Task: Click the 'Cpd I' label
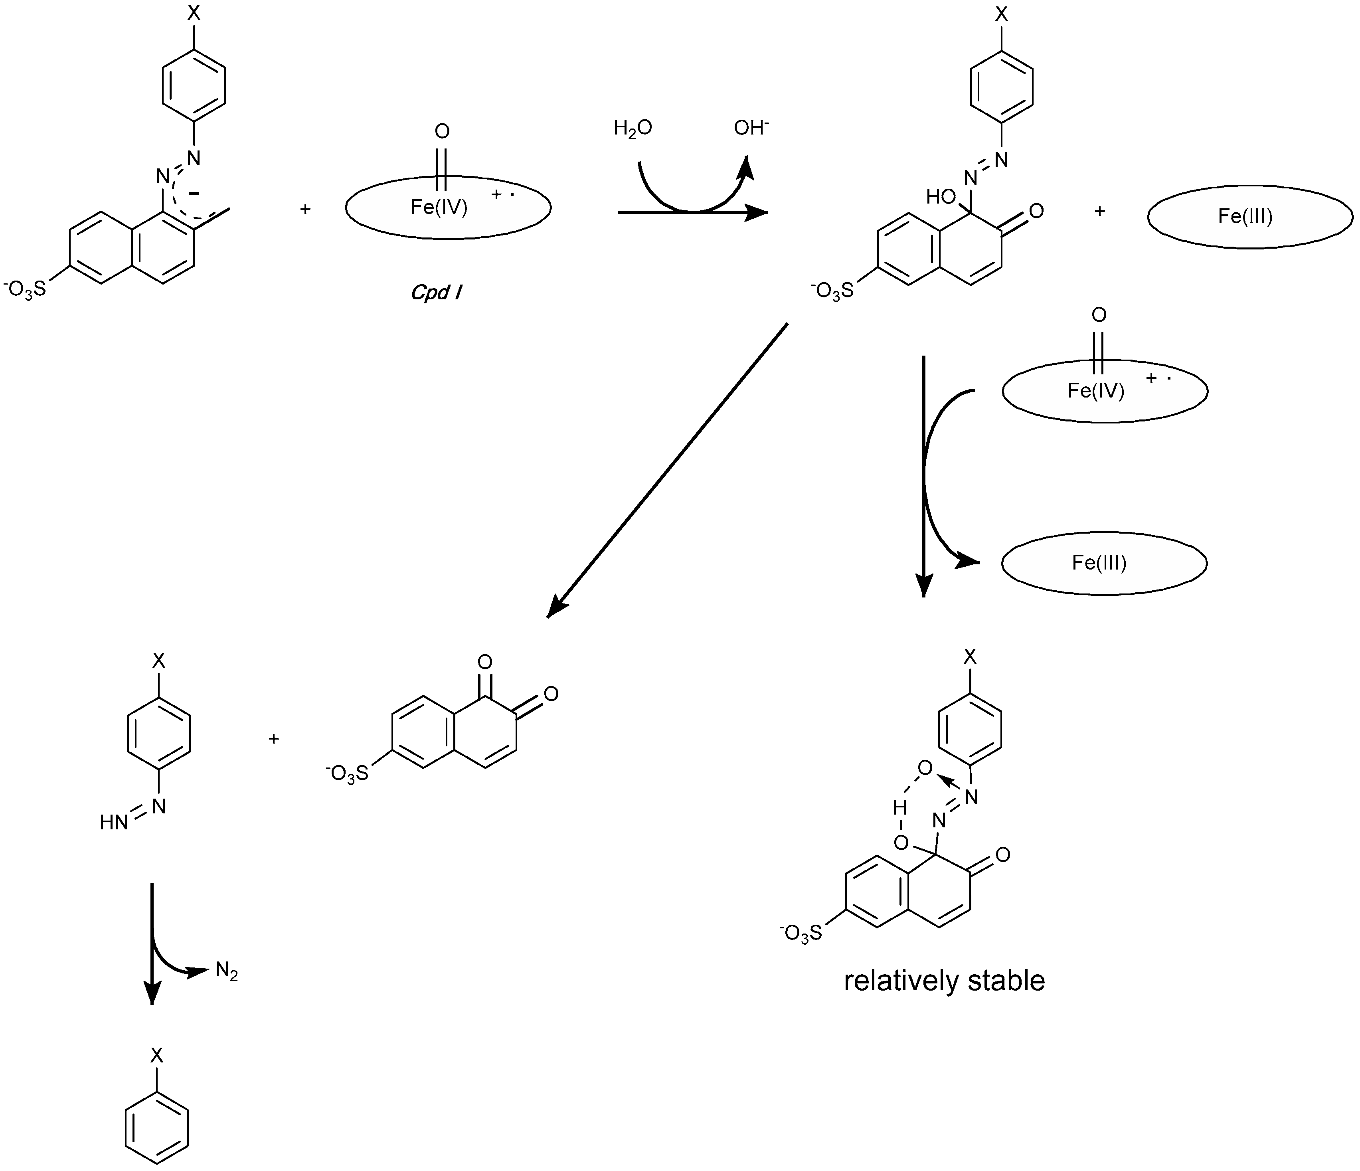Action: click(x=436, y=292)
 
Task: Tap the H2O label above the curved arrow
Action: click(x=632, y=128)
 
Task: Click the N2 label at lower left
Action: click(x=226, y=971)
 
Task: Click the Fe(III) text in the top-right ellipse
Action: click(x=1245, y=217)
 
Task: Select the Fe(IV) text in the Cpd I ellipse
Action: click(x=439, y=208)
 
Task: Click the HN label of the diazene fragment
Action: click(x=114, y=823)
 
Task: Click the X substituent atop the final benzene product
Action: click(x=156, y=1056)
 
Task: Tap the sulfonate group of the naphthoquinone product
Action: click(x=347, y=775)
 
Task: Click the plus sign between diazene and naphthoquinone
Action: click(x=274, y=738)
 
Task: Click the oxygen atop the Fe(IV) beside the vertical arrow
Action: click(x=1099, y=315)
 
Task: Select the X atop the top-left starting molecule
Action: click(x=194, y=14)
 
